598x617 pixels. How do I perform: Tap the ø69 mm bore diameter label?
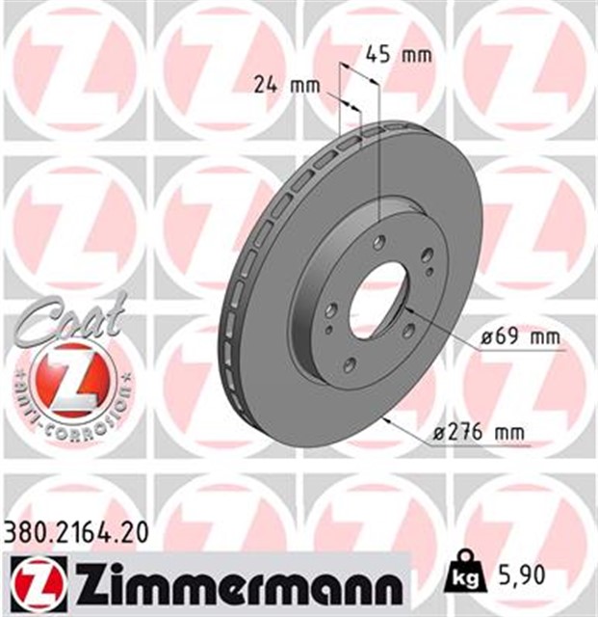tap(519, 338)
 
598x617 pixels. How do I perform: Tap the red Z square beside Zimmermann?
tap(32, 582)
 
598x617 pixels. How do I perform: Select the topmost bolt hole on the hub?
tap(381, 242)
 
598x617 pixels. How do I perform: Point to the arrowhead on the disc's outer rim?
tap(388, 422)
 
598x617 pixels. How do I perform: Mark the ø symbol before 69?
tap(486, 338)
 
